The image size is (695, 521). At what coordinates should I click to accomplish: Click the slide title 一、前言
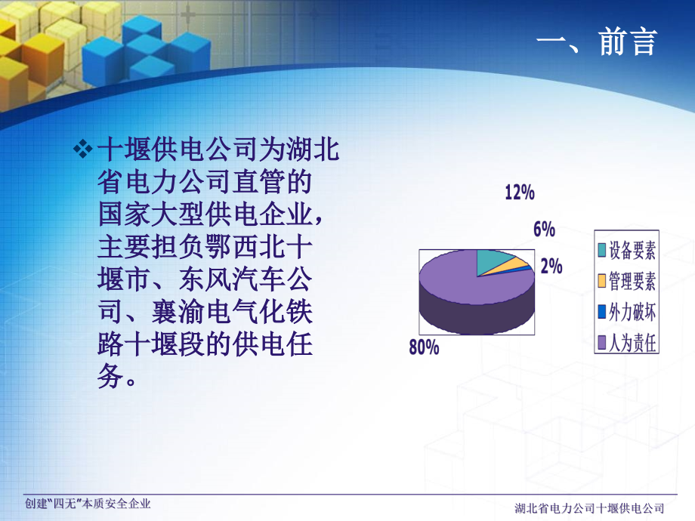click(597, 42)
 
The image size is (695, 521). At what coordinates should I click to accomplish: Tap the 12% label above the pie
click(520, 193)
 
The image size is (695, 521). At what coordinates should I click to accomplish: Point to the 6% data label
click(544, 230)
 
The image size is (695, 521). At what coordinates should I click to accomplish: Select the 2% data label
click(551, 266)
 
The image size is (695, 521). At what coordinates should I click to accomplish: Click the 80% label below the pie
click(425, 348)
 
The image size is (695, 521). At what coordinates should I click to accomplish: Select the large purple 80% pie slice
click(461, 279)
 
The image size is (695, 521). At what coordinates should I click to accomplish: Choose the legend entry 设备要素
click(632, 249)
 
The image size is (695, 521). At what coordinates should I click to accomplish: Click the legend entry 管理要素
click(632, 281)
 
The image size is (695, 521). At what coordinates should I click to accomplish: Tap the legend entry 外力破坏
click(632, 312)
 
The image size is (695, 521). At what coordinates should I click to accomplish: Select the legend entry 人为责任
click(632, 344)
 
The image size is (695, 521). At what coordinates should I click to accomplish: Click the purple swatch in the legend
click(602, 344)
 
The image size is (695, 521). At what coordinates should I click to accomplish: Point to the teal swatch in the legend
click(602, 250)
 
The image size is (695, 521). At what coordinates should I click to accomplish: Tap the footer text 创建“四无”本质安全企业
click(88, 504)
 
